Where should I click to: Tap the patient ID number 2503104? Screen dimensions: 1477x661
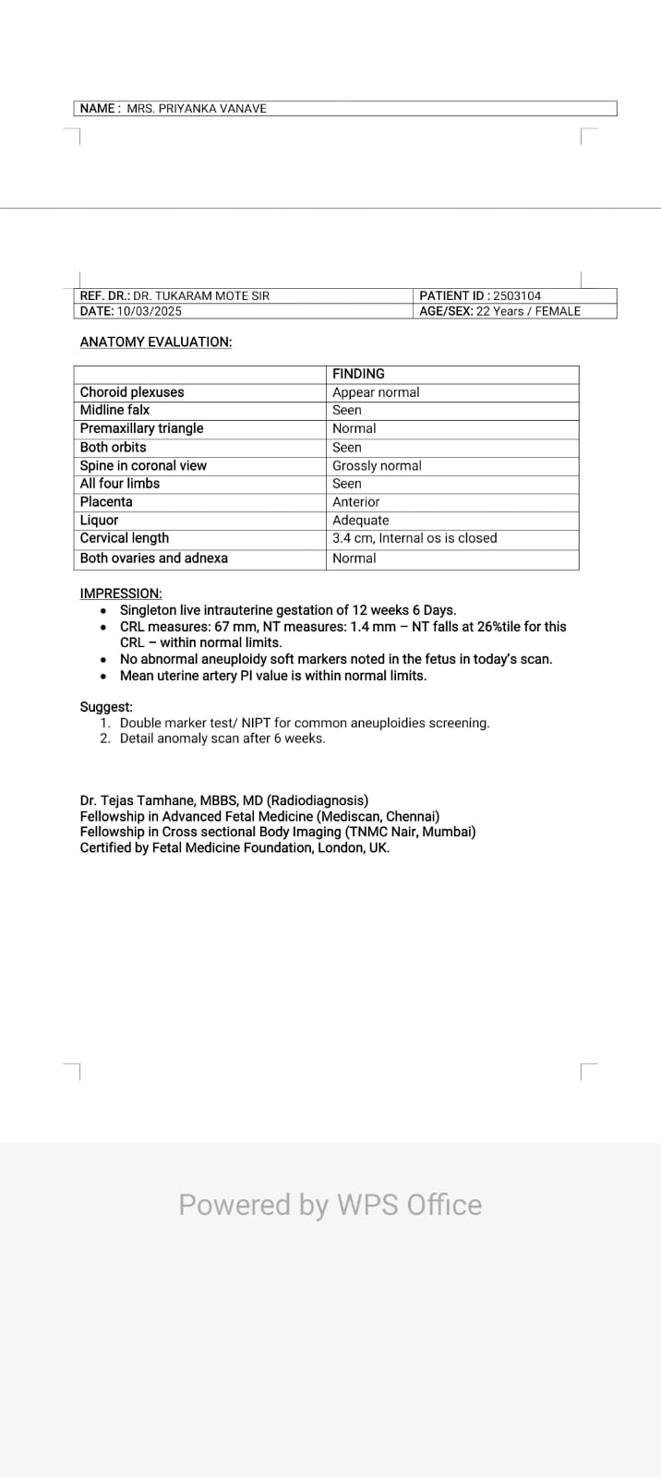point(517,296)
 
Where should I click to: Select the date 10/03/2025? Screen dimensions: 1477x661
point(150,311)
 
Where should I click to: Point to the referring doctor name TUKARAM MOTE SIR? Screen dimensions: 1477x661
point(201,296)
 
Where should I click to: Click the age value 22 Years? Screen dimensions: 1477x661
point(499,311)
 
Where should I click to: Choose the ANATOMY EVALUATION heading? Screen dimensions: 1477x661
point(156,342)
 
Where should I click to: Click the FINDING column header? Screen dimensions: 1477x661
point(358,374)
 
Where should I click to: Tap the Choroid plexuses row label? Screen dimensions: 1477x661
point(132,392)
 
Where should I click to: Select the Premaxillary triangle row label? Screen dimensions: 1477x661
point(141,428)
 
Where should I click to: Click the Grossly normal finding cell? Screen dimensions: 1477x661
point(377,465)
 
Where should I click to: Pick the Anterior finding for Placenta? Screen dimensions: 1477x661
point(355,502)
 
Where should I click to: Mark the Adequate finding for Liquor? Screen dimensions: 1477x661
point(360,521)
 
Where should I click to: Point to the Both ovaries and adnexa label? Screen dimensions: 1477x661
point(153,558)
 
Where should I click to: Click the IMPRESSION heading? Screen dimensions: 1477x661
point(121,594)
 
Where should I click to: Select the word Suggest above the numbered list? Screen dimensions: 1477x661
point(106,707)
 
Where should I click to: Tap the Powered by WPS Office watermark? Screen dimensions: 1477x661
point(330,1205)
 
